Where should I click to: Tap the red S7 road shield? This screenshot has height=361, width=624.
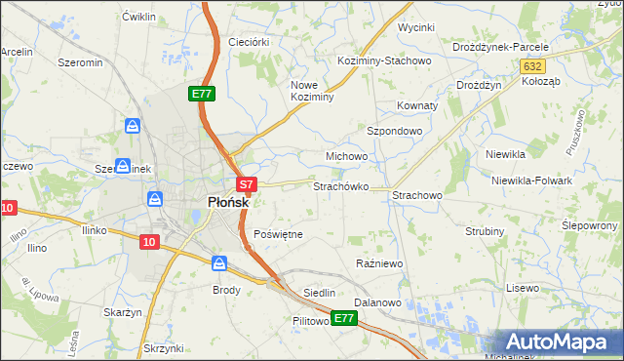[x=247, y=183]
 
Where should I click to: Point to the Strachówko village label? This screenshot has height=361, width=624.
[x=339, y=185]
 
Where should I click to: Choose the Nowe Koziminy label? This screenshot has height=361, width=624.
[x=312, y=91]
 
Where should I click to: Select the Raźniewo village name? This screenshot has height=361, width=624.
[x=379, y=264]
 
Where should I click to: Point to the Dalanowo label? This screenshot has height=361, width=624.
[x=378, y=302]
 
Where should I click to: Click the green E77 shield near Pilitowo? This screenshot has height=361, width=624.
[x=343, y=318]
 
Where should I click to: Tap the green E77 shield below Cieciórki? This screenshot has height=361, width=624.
[x=202, y=94]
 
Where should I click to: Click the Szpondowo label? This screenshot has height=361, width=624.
[x=394, y=130]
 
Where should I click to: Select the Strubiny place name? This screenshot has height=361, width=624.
[x=485, y=231]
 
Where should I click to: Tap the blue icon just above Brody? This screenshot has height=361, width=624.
[x=219, y=263]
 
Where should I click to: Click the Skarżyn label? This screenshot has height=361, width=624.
[x=123, y=312]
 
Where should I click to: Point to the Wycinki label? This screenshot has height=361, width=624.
[x=415, y=27]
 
